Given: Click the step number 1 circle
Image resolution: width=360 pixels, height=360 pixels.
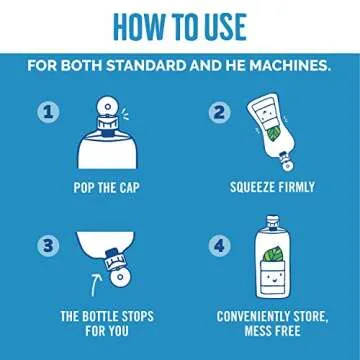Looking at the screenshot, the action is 48,112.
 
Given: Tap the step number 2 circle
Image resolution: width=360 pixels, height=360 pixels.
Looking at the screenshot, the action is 220,112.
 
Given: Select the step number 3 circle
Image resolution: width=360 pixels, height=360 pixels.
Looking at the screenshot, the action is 48,246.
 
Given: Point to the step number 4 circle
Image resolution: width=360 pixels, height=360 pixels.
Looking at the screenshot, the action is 220,246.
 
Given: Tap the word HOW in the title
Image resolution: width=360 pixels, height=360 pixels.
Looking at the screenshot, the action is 137,27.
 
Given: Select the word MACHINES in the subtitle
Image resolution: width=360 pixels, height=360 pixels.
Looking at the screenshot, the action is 290,66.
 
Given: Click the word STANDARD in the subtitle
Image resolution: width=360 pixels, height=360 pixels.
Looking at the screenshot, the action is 146,66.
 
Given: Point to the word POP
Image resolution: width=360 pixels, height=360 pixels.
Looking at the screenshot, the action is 84,188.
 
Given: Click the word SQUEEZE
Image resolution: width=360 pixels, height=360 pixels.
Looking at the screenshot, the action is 252,187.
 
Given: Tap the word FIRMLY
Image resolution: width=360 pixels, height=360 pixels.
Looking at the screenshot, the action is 296,187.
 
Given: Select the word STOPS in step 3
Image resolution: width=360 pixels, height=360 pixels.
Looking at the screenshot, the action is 138,316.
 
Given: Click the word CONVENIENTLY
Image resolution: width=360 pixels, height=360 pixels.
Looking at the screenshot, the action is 253,316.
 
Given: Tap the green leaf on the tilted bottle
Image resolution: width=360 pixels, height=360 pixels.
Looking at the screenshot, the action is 275,134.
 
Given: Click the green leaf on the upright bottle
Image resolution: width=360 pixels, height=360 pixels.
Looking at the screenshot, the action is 274,254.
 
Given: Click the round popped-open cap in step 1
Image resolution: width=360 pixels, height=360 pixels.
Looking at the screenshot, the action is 107,107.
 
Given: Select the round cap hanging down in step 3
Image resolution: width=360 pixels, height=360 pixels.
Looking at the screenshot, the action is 120,277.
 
